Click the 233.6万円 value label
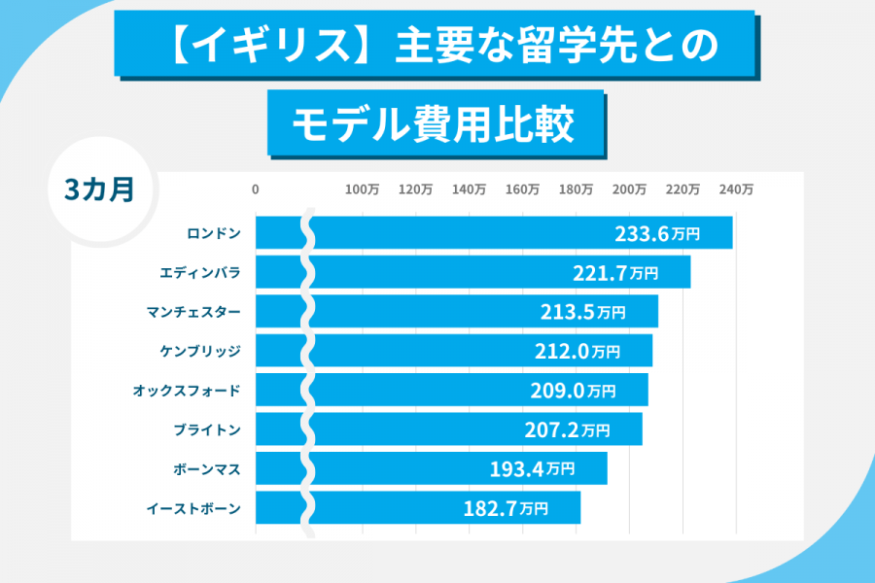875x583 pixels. click(671, 234)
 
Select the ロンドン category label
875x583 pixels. click(213, 234)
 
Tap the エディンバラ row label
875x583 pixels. click(199, 273)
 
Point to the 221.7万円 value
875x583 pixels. click(629, 273)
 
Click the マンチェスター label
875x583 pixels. click(192, 312)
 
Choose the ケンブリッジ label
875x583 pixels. click(199, 351)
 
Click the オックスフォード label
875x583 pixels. click(186, 391)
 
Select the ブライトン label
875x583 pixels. click(206, 429)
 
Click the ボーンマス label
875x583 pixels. click(206, 468)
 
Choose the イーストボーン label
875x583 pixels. click(192, 507)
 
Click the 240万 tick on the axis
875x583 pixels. click(736, 190)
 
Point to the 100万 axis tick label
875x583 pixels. click(363, 190)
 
